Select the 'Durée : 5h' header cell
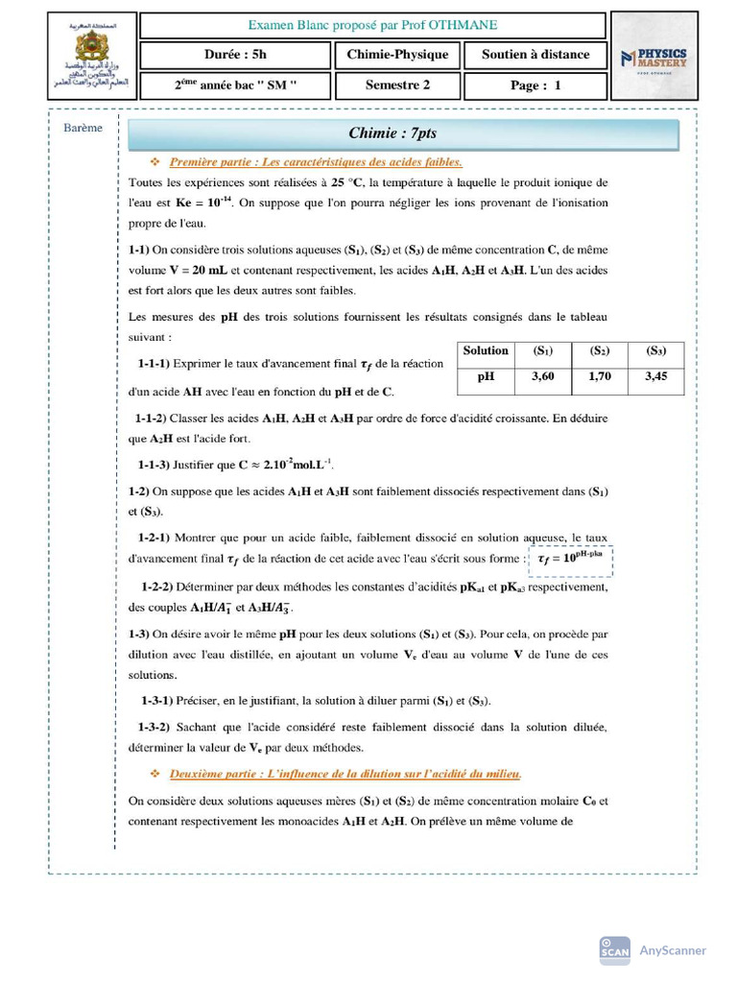tap(236, 55)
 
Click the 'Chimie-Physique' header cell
tap(397, 55)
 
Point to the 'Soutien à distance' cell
tap(535, 55)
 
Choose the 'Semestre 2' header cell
tap(397, 84)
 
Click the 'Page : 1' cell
tap(535, 85)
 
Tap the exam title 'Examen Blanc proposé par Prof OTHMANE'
tap(373, 25)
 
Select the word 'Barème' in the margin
tap(83, 128)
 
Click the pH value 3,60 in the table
tap(542, 377)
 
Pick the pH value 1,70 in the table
tap(599, 377)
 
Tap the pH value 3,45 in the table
tap(655, 377)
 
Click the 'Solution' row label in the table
tap(486, 351)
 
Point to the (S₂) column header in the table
tap(599, 351)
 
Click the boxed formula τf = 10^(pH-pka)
tap(570, 559)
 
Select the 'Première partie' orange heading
tap(316, 161)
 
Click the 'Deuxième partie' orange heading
tap(345, 773)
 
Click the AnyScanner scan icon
tap(614, 949)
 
